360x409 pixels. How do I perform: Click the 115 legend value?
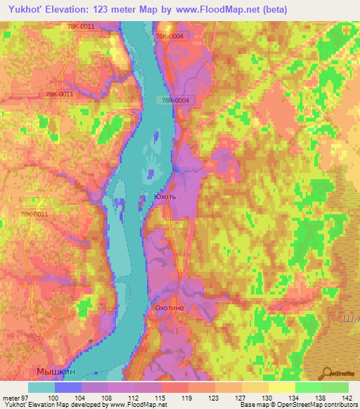pyautogui.click(x=162, y=397)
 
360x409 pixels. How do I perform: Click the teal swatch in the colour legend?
pyautogui.click(x=41, y=387)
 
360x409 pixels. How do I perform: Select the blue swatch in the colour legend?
pyautogui.click(x=68, y=387)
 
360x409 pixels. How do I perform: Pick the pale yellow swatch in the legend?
pyautogui.click(x=282, y=387)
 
